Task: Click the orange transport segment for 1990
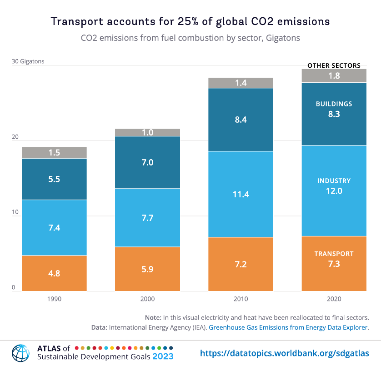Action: tap(54, 273)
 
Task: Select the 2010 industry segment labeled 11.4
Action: tap(241, 194)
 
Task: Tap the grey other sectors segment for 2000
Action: tap(147, 132)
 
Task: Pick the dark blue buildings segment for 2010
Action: tap(241, 120)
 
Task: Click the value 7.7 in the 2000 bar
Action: tap(147, 218)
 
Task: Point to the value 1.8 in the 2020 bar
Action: tap(334, 76)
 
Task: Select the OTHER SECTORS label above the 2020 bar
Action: tap(334, 65)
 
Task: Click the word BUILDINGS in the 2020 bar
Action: tap(334, 104)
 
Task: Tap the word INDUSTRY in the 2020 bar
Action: tap(334, 181)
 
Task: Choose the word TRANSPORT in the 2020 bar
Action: tap(334, 254)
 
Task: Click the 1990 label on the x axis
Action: tap(54, 299)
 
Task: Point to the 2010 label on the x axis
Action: tap(241, 299)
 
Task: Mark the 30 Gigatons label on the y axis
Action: tap(28, 61)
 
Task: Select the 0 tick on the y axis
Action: tap(14, 287)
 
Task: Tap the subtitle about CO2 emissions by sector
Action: tap(190, 38)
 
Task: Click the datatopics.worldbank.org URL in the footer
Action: tap(285, 353)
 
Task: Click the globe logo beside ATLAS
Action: tap(20, 353)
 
